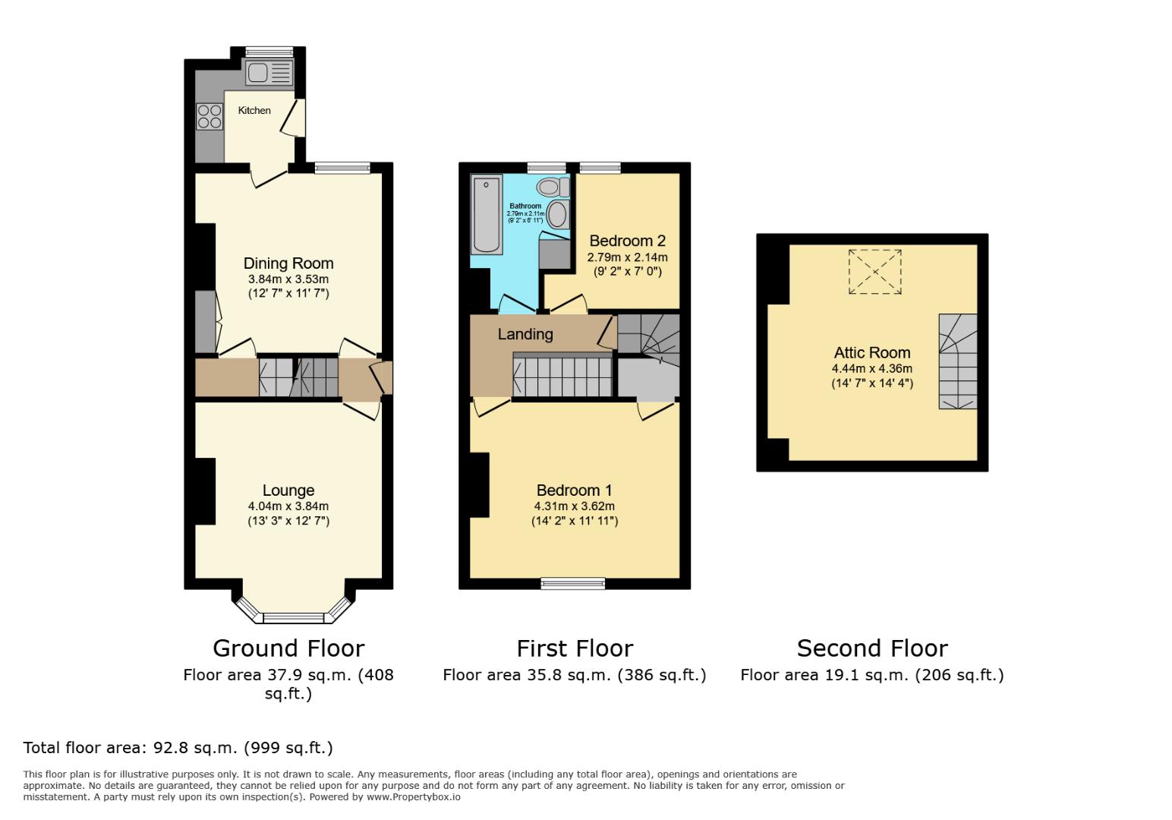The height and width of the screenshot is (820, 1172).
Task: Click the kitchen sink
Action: click(x=269, y=73)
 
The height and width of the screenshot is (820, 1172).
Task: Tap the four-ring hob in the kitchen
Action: click(x=210, y=116)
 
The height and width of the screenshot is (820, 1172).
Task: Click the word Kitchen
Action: click(x=254, y=111)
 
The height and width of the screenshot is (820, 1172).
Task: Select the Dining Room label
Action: click(x=288, y=263)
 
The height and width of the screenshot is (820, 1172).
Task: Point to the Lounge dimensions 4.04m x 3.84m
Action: click(x=288, y=506)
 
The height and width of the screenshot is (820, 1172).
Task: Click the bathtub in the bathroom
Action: click(x=486, y=214)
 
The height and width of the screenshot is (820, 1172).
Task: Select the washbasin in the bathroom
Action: click(x=558, y=215)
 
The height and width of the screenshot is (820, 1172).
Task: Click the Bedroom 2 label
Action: click(x=628, y=241)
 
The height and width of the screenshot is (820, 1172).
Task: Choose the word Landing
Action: click(x=525, y=334)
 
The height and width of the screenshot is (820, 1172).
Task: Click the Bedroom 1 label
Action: click(x=574, y=490)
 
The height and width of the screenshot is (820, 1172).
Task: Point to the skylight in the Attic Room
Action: click(x=875, y=271)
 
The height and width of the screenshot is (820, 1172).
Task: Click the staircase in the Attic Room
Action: click(x=958, y=361)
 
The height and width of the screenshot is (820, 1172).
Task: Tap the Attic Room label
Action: click(x=872, y=352)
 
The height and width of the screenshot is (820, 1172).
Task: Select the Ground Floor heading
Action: click(x=288, y=648)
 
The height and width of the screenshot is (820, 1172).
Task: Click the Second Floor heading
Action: click(x=872, y=648)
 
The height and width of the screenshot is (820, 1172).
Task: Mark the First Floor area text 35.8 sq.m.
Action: click(x=575, y=675)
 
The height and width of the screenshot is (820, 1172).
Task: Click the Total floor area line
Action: click(x=178, y=748)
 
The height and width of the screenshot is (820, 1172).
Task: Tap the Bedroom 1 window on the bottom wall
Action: click(x=573, y=583)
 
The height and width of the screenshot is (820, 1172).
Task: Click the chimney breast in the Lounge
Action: click(x=205, y=490)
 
